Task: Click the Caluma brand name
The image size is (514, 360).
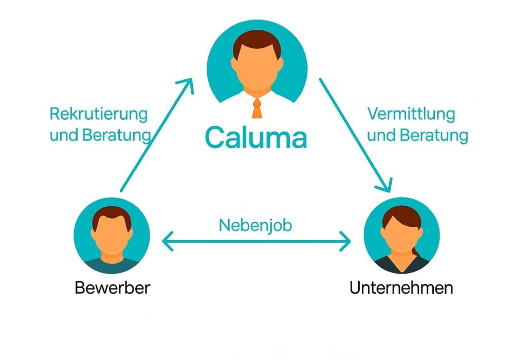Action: (256, 137)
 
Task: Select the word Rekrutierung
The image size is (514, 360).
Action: (99, 114)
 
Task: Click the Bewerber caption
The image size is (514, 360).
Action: (113, 287)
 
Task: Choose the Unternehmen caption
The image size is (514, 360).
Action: (401, 287)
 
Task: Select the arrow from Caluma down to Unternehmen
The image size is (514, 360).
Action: (355, 134)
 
